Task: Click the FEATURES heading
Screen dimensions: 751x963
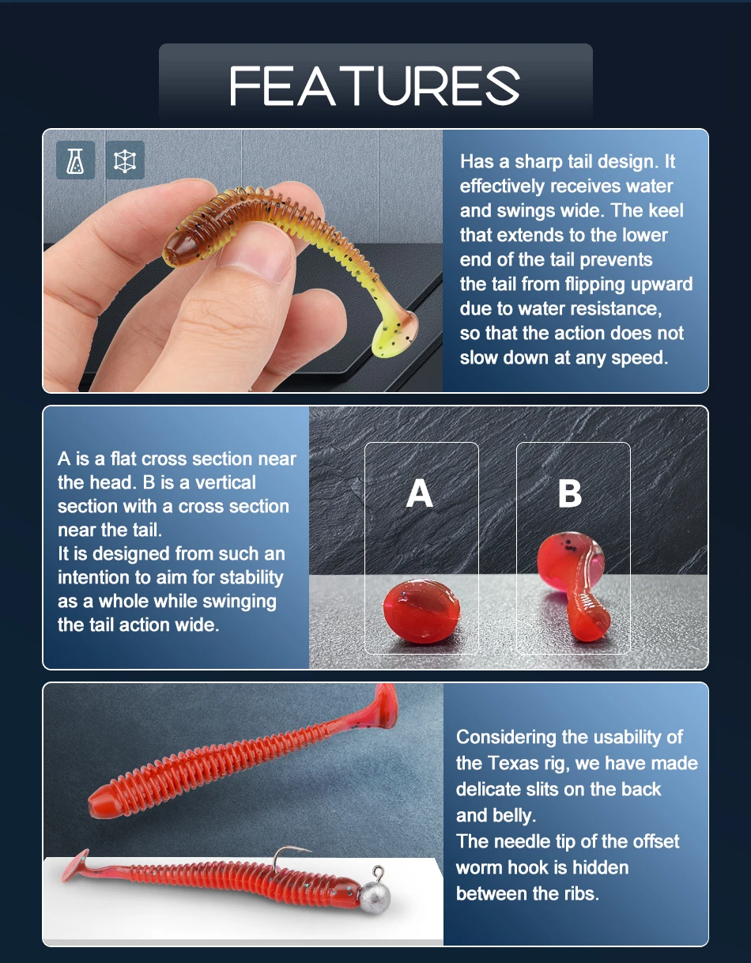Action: point(375,85)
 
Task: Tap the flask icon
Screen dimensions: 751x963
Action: point(75,160)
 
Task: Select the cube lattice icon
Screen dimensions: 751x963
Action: point(125,160)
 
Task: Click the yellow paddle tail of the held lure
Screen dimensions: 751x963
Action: point(394,334)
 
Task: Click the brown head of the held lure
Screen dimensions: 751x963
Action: point(183,247)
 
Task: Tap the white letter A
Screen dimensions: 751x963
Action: point(420,493)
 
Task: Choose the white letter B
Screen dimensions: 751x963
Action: point(570,493)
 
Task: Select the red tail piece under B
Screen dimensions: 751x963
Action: point(574,585)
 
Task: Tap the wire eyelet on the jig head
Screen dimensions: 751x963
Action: point(378,872)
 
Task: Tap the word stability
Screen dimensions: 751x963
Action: point(251,578)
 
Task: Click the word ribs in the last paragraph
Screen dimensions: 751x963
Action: point(581,893)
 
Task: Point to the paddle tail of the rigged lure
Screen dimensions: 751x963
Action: point(80,864)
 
